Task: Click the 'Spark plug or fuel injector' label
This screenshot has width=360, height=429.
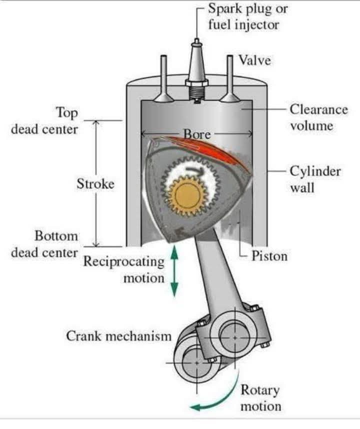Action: pyautogui.click(x=248, y=16)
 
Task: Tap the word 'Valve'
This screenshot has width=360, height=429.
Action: pyautogui.click(x=254, y=60)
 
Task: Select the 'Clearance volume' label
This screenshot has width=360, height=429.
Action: pyautogui.click(x=311, y=117)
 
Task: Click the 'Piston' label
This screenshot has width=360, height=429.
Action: pyautogui.click(x=269, y=256)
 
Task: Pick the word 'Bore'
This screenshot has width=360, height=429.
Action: pyautogui.click(x=196, y=133)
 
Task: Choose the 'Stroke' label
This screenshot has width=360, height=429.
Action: pyautogui.click(x=95, y=183)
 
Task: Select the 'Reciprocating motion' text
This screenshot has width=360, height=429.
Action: pyautogui.click(x=124, y=269)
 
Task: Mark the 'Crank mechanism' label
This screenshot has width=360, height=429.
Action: pyautogui.click(x=118, y=335)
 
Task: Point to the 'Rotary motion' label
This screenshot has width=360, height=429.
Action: pyautogui.click(x=260, y=398)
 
